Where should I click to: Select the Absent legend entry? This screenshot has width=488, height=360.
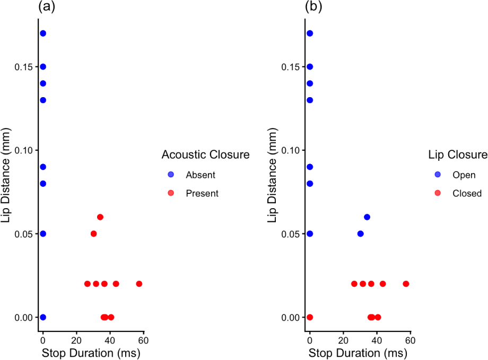pyautogui.click(x=201, y=175)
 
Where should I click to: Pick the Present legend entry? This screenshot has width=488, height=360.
pyautogui.click(x=202, y=194)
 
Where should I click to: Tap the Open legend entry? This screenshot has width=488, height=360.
pyautogui.click(x=464, y=175)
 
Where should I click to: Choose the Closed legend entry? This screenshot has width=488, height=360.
pyautogui.click(x=467, y=194)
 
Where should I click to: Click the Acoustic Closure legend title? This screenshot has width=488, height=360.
pyautogui.click(x=205, y=155)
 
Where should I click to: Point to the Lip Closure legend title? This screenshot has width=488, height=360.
pyautogui.click(x=458, y=155)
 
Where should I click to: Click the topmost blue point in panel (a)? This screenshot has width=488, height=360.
pyautogui.click(x=43, y=33)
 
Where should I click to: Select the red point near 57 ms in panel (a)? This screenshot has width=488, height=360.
pyautogui.click(x=139, y=284)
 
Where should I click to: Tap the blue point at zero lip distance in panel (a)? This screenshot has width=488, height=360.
pyautogui.click(x=43, y=317)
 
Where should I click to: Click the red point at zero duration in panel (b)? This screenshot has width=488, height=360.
pyautogui.click(x=310, y=317)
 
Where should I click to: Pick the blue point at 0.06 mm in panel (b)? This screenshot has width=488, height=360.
pyautogui.click(x=367, y=217)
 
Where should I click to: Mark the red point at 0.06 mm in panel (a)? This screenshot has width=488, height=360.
pyautogui.click(x=100, y=217)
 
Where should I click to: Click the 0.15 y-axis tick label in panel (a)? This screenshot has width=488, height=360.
pyautogui.click(x=24, y=67)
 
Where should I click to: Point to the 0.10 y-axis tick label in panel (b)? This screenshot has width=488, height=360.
pyautogui.click(x=291, y=150)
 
